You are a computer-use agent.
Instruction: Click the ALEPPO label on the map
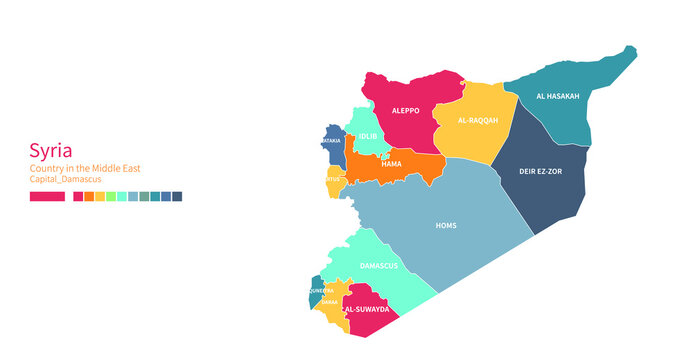click(405, 111)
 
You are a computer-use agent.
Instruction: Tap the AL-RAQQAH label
click(477, 121)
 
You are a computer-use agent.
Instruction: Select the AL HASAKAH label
click(557, 96)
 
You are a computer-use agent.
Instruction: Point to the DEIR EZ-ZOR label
click(540, 171)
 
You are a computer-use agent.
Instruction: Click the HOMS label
click(446, 225)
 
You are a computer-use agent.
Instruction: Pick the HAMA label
click(391, 163)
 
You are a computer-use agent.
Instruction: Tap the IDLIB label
click(369, 135)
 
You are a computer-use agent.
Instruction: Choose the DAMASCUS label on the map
click(378, 265)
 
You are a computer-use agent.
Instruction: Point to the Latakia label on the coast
click(331, 141)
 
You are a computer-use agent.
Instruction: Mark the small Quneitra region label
click(322, 291)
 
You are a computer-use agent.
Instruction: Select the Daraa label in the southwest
click(329, 301)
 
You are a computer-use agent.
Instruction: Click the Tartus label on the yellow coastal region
click(333, 179)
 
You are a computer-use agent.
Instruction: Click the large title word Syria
click(49, 151)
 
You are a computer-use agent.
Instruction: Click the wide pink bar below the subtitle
click(47, 197)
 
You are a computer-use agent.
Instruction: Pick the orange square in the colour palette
click(89, 197)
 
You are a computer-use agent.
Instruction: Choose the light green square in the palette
click(111, 197)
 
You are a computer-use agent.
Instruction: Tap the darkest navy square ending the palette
click(177, 197)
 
